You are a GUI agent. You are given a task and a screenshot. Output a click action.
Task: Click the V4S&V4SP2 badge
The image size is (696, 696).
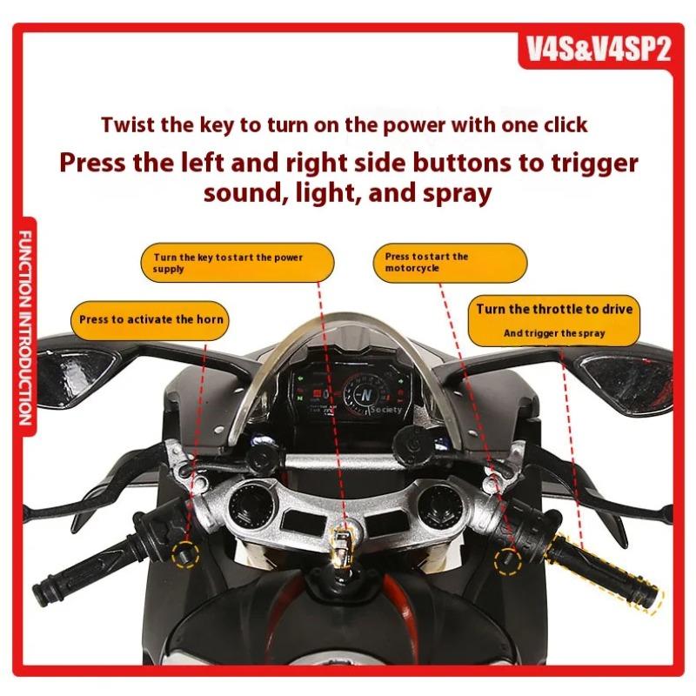click(x=599, y=49)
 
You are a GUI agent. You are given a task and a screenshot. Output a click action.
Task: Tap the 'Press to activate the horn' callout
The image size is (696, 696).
click(x=151, y=319)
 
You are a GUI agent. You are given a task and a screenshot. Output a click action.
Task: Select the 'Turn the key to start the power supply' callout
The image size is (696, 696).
click(x=236, y=264)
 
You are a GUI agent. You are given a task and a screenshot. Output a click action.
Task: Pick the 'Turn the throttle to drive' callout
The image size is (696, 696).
click(x=554, y=318)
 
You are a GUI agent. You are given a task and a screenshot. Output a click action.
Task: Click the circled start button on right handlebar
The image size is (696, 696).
click(x=505, y=558)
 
